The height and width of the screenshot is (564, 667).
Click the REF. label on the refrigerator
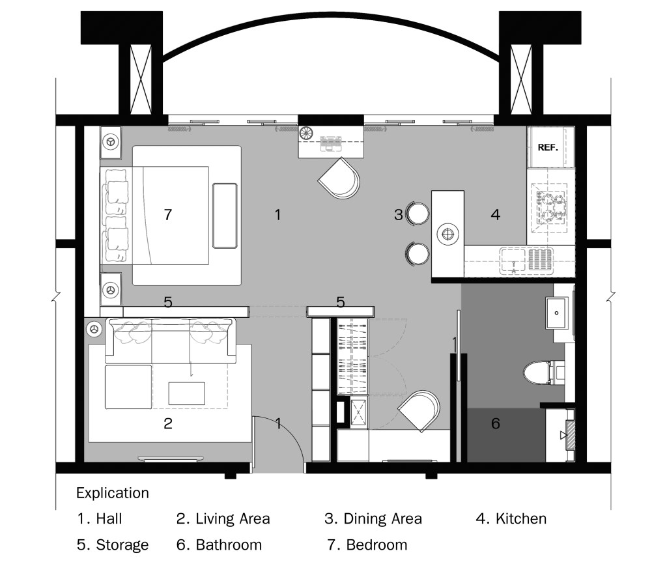547,147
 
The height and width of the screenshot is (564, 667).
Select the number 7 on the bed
168,215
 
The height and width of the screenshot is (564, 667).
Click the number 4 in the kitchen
495,215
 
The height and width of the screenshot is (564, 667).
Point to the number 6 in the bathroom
496,423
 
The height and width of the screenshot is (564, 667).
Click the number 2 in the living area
168,423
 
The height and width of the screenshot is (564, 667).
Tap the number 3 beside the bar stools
398,215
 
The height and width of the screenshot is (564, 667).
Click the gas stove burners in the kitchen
551,207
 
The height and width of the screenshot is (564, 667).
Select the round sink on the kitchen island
448,234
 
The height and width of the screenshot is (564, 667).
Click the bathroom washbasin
556,313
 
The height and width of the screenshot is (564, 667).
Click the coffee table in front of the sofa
186,393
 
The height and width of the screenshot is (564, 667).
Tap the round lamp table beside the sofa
94,329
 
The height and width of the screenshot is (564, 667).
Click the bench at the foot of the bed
225,216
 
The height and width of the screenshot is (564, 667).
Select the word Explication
113,493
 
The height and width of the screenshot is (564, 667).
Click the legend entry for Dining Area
373,519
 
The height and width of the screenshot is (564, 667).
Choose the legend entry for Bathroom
219,545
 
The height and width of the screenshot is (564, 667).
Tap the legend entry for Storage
113,545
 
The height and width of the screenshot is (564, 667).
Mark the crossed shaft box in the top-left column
141,79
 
